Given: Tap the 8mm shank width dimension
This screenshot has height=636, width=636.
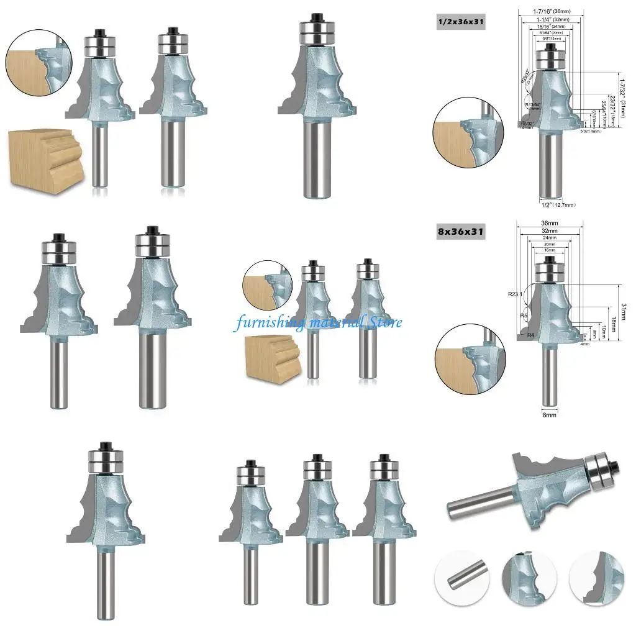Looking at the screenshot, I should click(x=548, y=414).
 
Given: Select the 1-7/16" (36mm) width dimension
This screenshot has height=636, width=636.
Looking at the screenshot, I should click(x=548, y=10).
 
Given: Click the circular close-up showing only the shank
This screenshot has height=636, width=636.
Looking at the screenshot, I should click(x=462, y=579).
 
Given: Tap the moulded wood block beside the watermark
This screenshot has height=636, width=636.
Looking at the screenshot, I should click(x=271, y=356).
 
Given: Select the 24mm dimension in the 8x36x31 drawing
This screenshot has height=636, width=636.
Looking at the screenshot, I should click(x=548, y=237).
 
